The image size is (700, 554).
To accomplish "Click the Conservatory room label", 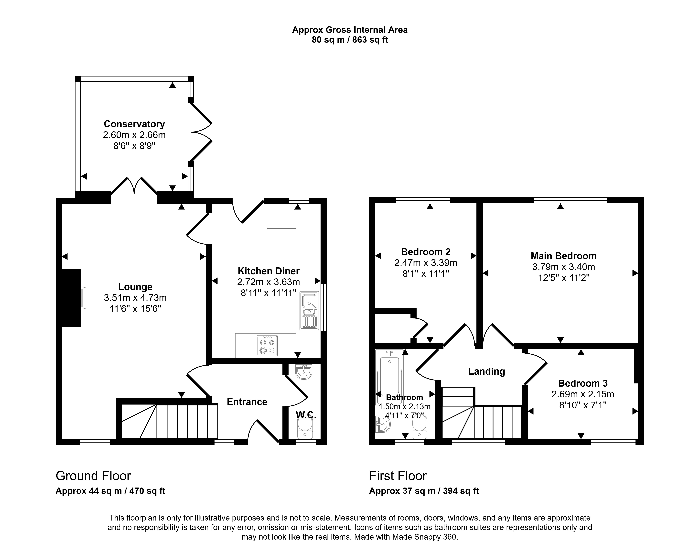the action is [134, 124].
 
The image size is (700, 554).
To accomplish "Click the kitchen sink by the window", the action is [309, 311].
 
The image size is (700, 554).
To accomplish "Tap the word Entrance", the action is [247, 402].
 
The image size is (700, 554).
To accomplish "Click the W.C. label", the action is [306, 415].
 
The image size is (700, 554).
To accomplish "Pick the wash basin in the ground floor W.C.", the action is [304, 372].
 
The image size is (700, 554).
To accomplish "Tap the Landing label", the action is [487, 371].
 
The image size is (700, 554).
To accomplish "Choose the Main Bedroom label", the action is [563, 256].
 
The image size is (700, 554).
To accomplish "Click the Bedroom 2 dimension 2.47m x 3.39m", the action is [426, 263].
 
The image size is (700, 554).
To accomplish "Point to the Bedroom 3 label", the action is [583, 383].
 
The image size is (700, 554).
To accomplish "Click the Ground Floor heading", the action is [93, 476].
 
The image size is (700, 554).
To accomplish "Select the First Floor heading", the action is [398, 476].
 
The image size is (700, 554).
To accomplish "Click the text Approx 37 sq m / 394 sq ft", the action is [424, 491].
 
